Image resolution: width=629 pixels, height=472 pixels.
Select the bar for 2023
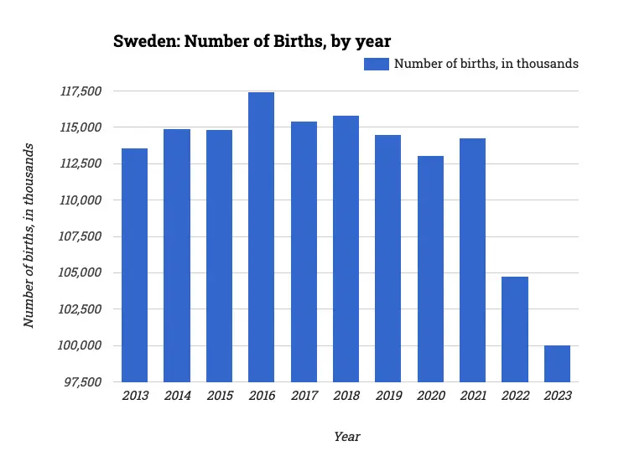557,363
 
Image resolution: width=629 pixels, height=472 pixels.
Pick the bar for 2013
134,265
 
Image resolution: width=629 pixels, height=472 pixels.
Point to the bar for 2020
430,268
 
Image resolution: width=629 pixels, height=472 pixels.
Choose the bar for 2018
346,248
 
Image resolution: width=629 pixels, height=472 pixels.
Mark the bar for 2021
472,260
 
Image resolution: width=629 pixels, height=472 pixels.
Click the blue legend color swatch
376,64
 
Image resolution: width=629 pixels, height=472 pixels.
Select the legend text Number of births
486,64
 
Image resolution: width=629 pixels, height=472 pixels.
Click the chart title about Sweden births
252,41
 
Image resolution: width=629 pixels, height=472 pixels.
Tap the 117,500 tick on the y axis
81,91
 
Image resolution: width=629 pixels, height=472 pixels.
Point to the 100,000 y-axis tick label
81,345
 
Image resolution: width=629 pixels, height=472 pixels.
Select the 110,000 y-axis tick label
81,200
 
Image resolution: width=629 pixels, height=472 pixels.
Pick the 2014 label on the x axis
176,396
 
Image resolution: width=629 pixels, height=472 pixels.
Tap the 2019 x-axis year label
387,396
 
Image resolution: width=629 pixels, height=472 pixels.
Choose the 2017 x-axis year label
303,396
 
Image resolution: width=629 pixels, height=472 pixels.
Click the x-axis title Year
346,437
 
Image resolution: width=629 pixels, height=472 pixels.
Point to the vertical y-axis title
29,236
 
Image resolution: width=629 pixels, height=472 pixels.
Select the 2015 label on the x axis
219,396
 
